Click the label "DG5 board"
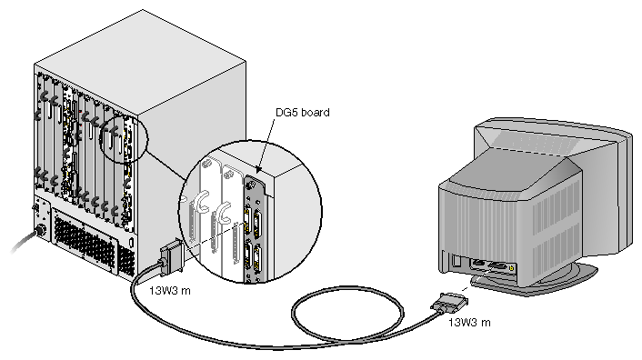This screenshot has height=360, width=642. coord(303,113)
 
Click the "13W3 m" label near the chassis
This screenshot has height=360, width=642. coord(169,291)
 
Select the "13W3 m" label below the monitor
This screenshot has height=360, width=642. coord(469,323)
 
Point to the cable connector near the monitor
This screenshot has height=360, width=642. coord(449,303)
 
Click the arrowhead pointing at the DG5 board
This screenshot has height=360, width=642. coord(258,169)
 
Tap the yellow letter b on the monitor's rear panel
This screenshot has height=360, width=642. coord(511,268)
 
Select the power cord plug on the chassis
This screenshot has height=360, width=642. coord(40,229)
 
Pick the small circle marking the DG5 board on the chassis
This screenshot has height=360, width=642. coord(124,139)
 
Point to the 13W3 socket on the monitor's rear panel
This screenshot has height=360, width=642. coord(497,266)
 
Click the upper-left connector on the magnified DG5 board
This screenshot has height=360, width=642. coord(247,220)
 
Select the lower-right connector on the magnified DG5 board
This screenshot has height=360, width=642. coord(257,258)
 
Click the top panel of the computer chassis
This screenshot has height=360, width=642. coord(140,62)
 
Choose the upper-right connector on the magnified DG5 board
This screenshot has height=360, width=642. coord(258,224)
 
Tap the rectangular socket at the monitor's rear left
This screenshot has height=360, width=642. coord(456,262)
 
